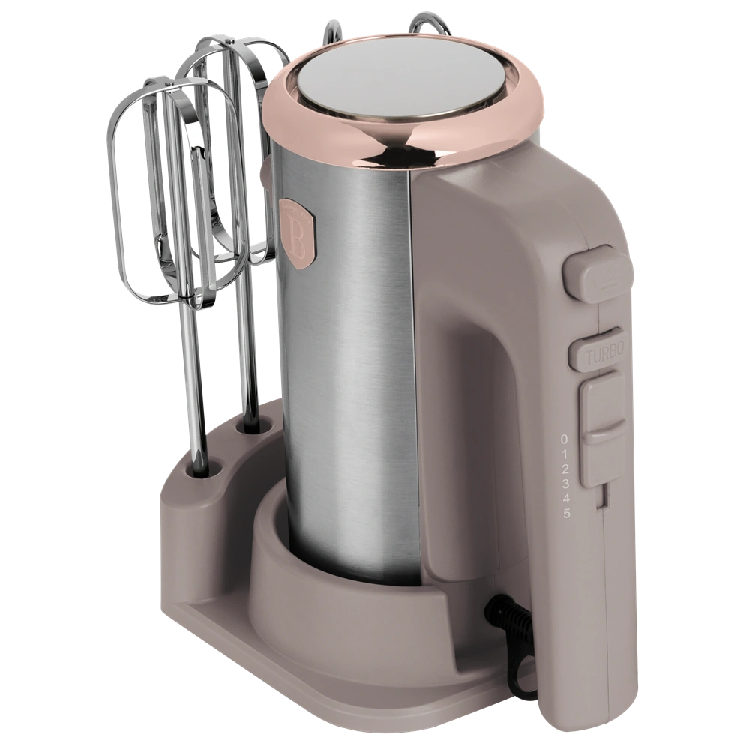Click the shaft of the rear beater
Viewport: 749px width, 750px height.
click(244, 360)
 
